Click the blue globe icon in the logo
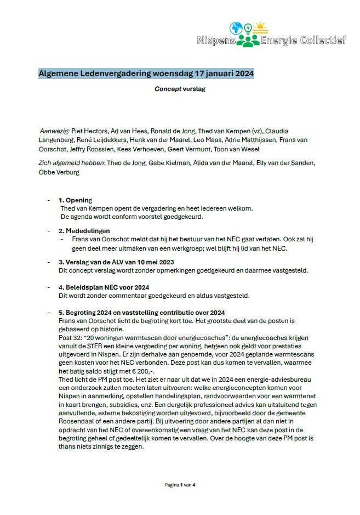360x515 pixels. pos(236,28)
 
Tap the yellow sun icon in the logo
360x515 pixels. pos(260,27)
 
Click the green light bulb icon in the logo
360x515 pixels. pos(248,27)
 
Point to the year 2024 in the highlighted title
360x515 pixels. pos(241,73)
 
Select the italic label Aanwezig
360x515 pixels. pos(54,131)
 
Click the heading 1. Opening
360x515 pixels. pos(76,200)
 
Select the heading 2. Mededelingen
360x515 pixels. pos(84,231)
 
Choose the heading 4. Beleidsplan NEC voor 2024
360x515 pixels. pos(104,287)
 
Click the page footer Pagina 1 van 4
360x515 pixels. pos(180,485)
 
